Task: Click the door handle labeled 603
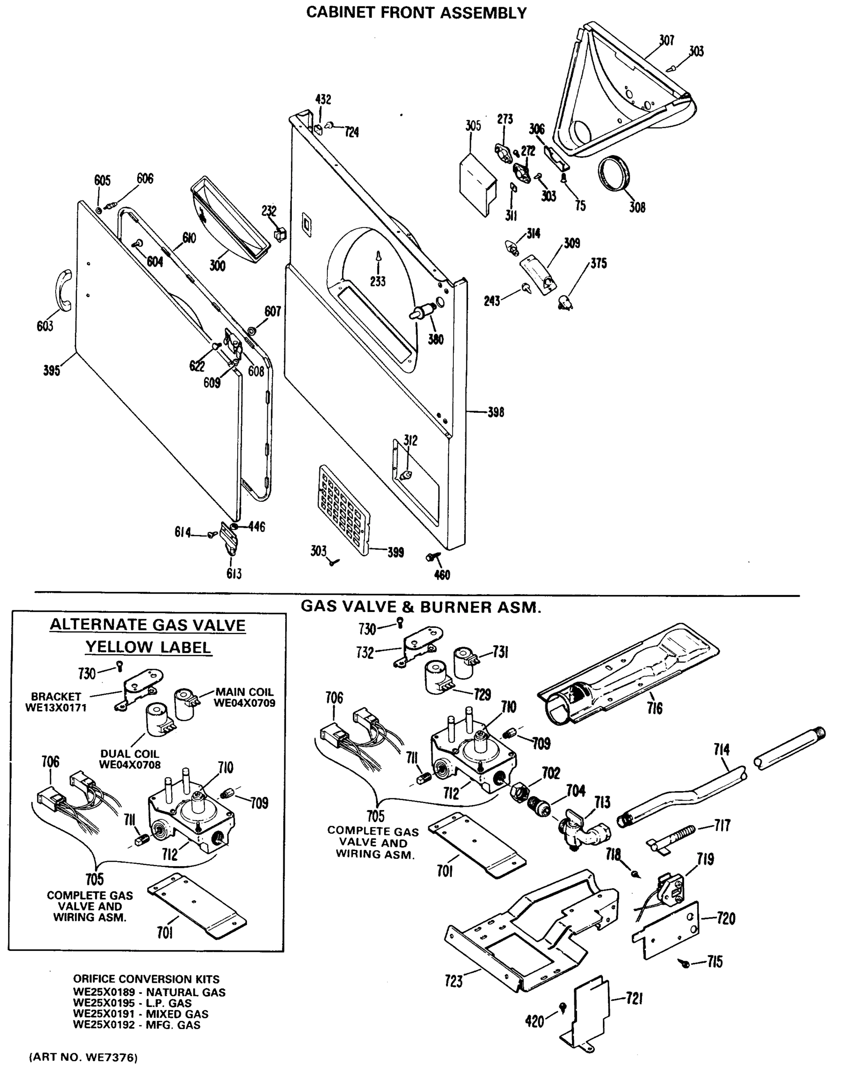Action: pos(64,291)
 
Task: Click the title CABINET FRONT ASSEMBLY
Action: pos(416,13)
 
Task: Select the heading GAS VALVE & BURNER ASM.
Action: pos(421,607)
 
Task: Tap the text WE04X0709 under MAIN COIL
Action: pos(244,703)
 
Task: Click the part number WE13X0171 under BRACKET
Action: pos(56,708)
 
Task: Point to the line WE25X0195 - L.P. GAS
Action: pos(132,1003)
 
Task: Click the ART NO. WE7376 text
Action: pos(83,1057)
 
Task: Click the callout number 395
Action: pos(51,370)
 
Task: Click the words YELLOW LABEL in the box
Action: pos(148,647)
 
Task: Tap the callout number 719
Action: pos(705,859)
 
